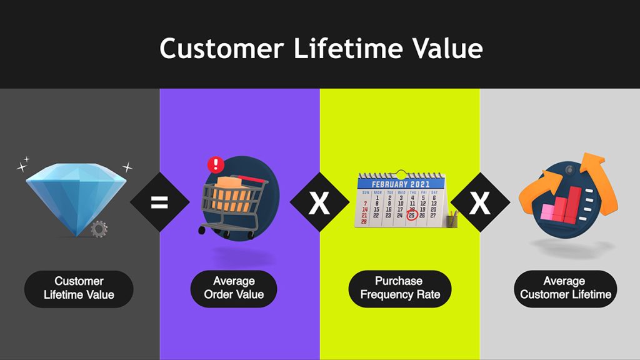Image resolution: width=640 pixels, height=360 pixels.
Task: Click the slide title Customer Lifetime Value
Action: pos(321,48)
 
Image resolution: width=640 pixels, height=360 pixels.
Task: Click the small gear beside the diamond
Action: pos(99,229)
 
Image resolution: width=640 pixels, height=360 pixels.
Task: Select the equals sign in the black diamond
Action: pos(159,202)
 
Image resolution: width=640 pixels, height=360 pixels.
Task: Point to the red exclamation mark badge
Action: pos(216,165)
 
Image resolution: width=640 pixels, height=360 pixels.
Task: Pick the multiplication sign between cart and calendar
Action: pos(319,202)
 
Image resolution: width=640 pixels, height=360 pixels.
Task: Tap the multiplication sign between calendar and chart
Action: pos(479,202)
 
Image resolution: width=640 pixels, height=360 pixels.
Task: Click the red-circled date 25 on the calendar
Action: pos(412,216)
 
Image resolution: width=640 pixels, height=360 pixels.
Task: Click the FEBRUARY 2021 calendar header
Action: pos(400,184)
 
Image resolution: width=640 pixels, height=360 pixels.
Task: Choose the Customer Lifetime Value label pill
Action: pos(79,288)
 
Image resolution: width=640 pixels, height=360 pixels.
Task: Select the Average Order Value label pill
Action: pos(234,288)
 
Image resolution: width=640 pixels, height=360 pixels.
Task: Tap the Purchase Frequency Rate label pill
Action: pos(399,288)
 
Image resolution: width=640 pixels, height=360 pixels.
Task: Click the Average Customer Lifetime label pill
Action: pos(565,288)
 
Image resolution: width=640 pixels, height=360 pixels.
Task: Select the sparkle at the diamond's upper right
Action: pos(127,167)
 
